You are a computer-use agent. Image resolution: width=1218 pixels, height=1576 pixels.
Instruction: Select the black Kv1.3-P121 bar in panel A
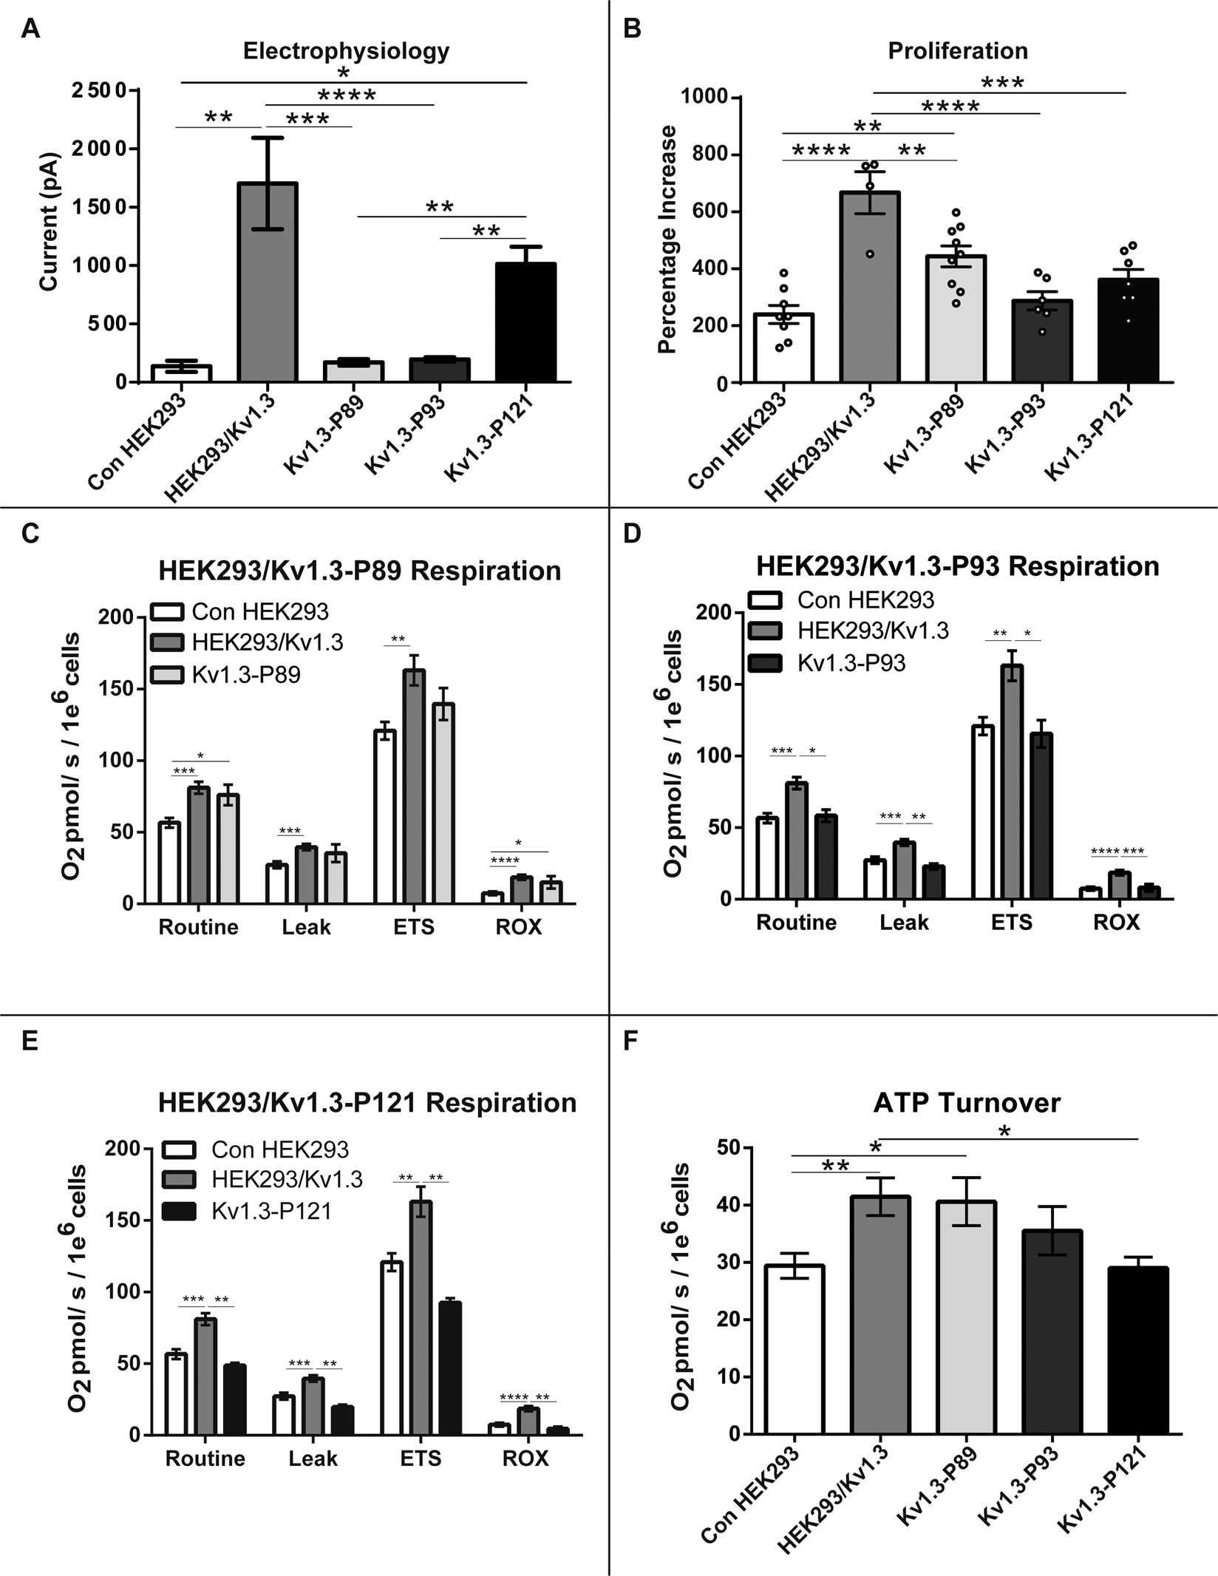(525, 325)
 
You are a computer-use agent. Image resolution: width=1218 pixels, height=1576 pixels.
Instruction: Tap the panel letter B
(632, 29)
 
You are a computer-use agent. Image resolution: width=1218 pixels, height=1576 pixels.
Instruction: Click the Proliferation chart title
(957, 51)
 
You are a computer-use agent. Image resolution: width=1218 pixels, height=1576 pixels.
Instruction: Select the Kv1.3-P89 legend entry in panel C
(245, 674)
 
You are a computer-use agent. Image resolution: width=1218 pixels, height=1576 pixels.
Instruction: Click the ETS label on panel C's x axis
(413, 927)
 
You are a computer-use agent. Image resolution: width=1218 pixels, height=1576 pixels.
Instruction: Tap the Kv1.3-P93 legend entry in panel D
(851, 663)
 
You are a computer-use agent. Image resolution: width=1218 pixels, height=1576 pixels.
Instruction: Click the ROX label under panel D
(1116, 923)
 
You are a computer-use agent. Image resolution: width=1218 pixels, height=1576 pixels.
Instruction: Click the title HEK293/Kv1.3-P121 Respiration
(367, 1102)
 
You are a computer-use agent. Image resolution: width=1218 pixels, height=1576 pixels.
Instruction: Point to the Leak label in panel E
(313, 1458)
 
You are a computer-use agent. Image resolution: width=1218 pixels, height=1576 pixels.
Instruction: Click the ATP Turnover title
(967, 1102)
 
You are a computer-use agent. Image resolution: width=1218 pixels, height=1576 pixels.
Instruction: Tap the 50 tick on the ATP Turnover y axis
(728, 1148)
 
